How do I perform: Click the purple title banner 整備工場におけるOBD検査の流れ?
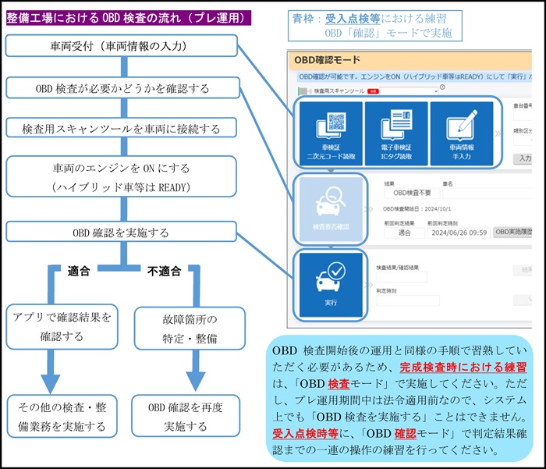[128, 17]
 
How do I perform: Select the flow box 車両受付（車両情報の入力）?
[121, 46]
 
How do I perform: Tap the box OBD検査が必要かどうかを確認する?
[121, 87]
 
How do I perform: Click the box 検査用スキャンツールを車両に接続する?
[121, 128]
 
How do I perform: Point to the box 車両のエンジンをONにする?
[121, 176]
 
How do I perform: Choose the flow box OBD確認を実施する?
[121, 232]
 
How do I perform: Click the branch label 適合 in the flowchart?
[79, 272]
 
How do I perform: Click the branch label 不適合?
[164, 272]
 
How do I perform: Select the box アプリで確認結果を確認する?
[62, 327]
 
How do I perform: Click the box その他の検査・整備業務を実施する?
[62, 416]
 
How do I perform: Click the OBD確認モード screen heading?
[328, 59]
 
